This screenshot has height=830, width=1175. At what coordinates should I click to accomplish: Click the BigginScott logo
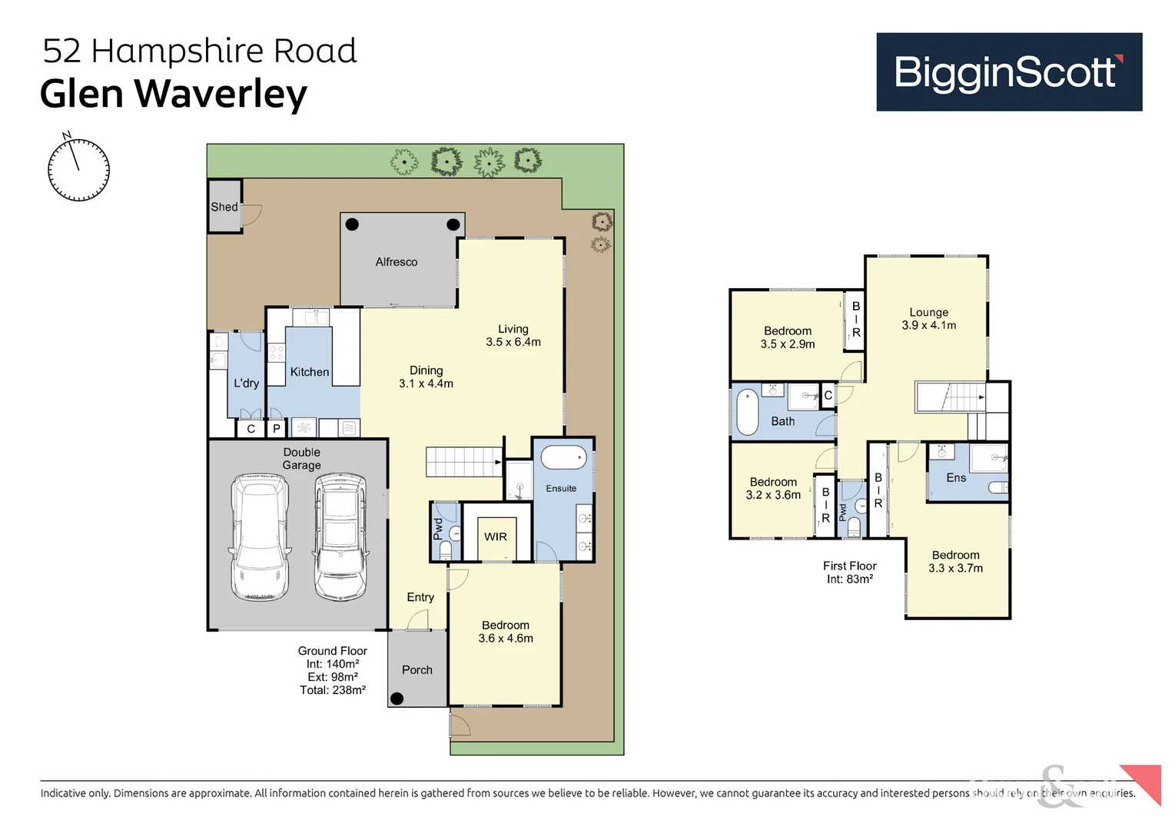point(1008,72)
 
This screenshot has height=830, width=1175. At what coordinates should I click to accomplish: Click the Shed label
point(224,207)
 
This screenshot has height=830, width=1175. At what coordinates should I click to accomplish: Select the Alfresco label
point(397,262)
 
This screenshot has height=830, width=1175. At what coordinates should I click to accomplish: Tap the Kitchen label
point(310,372)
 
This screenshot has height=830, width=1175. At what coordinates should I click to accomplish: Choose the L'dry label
point(246,383)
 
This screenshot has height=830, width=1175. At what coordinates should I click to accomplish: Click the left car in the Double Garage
point(261,536)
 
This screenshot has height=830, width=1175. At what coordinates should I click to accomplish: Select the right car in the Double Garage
point(340,536)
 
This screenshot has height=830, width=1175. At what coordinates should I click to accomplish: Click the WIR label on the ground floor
point(496,537)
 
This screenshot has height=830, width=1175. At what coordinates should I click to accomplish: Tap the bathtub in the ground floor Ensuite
point(563,458)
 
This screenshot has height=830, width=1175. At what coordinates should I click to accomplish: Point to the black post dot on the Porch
point(397,699)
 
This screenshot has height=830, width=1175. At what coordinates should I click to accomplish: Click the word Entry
point(420,597)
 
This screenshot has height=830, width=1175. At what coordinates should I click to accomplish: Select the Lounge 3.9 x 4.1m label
point(928,319)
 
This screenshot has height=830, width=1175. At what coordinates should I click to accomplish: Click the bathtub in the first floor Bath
point(748,412)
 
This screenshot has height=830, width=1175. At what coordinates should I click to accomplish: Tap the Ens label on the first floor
point(956,478)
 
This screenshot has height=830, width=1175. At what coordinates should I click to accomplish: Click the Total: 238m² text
point(333,690)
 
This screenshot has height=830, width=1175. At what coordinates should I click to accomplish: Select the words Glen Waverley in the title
point(174,94)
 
